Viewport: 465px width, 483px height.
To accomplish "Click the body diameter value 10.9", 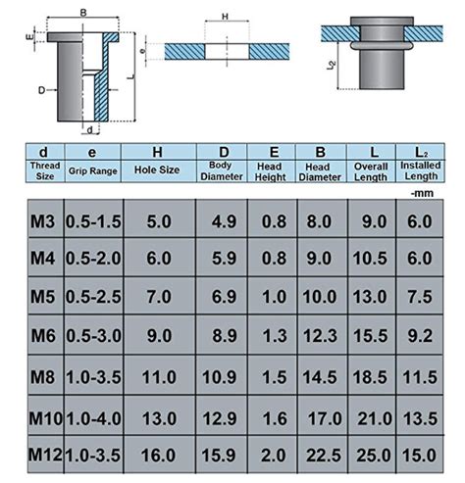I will (x=221, y=377).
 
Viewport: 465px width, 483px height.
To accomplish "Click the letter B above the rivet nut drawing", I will (x=83, y=12).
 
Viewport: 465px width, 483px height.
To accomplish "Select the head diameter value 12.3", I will (x=321, y=337).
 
